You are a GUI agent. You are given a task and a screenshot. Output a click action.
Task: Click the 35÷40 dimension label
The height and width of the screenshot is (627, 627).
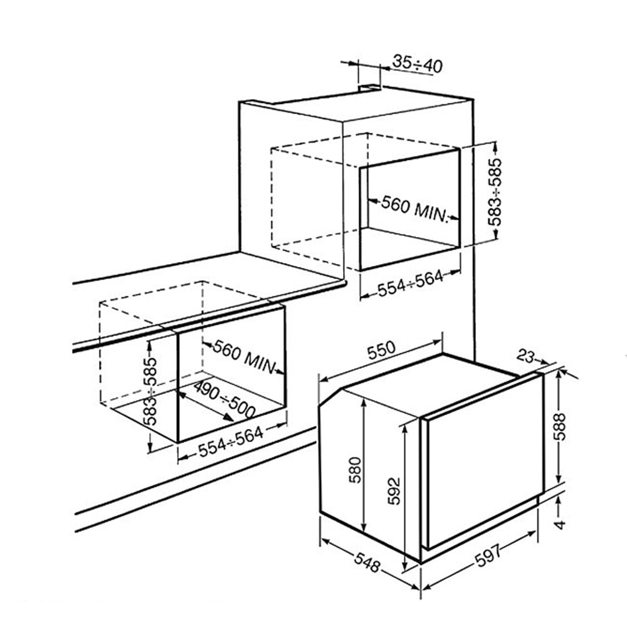pyautogui.click(x=418, y=64)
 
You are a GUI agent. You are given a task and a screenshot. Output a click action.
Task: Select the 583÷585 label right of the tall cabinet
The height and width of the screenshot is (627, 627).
pyautogui.click(x=495, y=192)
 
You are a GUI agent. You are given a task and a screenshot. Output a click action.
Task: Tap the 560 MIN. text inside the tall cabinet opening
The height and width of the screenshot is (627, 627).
pyautogui.click(x=413, y=208)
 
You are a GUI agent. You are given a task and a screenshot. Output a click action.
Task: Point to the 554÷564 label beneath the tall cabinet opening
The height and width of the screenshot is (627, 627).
pyautogui.click(x=410, y=283)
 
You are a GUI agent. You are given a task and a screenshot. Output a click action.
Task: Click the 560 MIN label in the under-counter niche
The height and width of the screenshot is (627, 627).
pyautogui.click(x=244, y=356)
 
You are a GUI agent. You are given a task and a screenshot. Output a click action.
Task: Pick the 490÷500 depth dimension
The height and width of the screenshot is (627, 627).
pyautogui.click(x=224, y=399)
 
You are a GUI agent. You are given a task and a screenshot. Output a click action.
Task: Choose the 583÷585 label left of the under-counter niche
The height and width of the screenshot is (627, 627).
pyautogui.click(x=151, y=391)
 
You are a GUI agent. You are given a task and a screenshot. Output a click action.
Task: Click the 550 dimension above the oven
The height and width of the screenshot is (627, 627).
pyautogui.click(x=381, y=350)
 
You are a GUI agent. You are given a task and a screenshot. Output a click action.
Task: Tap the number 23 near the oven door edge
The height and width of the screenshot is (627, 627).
pyautogui.click(x=526, y=356)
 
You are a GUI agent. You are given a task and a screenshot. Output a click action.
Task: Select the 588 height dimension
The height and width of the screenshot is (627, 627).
pyautogui.click(x=560, y=426)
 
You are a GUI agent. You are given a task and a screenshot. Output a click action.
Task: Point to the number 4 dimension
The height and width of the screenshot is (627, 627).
pyautogui.click(x=560, y=524)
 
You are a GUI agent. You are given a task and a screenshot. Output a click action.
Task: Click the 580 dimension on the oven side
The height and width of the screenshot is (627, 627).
pyautogui.click(x=355, y=470)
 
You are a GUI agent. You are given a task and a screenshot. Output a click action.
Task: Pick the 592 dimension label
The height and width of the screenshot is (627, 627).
pyautogui.click(x=394, y=491)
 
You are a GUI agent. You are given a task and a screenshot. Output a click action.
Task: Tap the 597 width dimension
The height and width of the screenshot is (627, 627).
pyautogui.click(x=488, y=556)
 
